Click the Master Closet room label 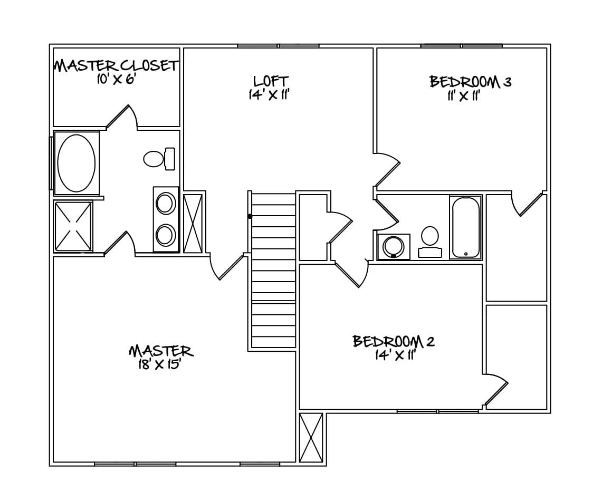pyautogui.click(x=116, y=66)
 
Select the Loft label pyautogui.click(x=271, y=81)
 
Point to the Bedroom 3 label pyautogui.click(x=470, y=82)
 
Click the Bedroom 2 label pyautogui.click(x=394, y=341)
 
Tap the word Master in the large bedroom pyautogui.click(x=160, y=351)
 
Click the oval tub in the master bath pyautogui.click(x=77, y=163)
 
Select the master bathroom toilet pyautogui.click(x=159, y=158)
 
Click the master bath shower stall pyautogui.click(x=73, y=226)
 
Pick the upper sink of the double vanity pyautogui.click(x=166, y=203)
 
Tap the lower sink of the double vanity pyautogui.click(x=166, y=235)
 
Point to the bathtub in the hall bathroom pyautogui.click(x=465, y=227)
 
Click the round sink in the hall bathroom pyautogui.click(x=394, y=247)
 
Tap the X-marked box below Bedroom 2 pyautogui.click(x=311, y=438)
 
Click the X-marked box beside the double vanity pyautogui.click(x=193, y=223)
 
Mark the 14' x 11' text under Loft pyautogui.click(x=270, y=95)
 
